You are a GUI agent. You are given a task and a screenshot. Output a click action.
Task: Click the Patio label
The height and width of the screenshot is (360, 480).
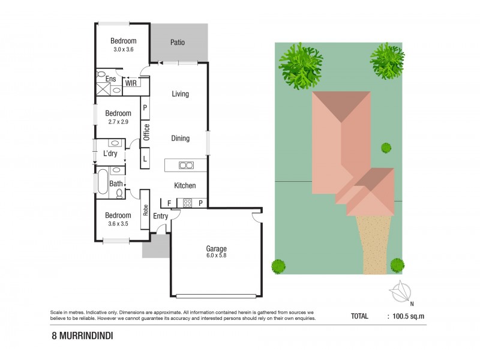coord(177,43)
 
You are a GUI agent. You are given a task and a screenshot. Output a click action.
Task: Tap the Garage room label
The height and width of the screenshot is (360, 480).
coord(216,248)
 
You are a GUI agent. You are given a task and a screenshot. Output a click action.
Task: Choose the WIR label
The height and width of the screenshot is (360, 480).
coord(131,83)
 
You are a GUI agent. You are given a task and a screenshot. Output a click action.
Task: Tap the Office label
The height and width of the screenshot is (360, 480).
coord(146,131)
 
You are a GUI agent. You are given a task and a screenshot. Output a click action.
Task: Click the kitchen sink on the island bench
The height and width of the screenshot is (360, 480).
coord(186,166)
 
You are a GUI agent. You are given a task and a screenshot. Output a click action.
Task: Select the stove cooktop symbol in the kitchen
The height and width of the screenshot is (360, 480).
coord(187,203)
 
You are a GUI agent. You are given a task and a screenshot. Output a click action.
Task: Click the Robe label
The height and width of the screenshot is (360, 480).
coord(145,210)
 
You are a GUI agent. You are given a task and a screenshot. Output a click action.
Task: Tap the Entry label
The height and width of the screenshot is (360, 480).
coord(160,216)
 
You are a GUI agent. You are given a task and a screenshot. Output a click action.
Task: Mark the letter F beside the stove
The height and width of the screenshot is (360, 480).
coord(169,203)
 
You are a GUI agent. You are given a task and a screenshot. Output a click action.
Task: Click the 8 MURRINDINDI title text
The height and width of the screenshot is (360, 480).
coord(82,337)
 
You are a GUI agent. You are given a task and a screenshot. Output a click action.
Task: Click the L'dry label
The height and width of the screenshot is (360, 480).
coord(110,154)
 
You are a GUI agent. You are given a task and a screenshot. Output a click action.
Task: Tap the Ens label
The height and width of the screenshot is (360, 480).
coord(110,79)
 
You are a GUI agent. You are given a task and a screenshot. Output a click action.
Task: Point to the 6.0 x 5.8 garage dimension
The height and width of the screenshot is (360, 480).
coord(216,256)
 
